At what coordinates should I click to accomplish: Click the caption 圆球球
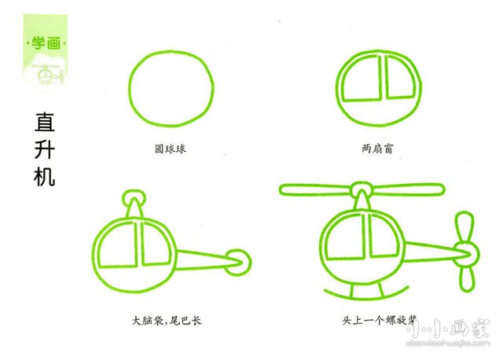(x=170, y=147)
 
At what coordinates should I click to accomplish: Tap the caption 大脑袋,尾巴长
(x=167, y=321)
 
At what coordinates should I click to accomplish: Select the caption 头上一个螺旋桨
(x=378, y=321)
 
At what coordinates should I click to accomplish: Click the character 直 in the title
(x=45, y=123)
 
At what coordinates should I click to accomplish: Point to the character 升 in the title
(x=45, y=149)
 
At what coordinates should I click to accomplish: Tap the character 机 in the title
(x=45, y=176)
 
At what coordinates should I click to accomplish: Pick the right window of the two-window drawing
(x=401, y=81)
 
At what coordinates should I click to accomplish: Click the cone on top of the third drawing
(x=134, y=206)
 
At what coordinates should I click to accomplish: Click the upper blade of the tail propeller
(x=465, y=227)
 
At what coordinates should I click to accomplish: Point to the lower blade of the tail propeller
(x=467, y=275)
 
